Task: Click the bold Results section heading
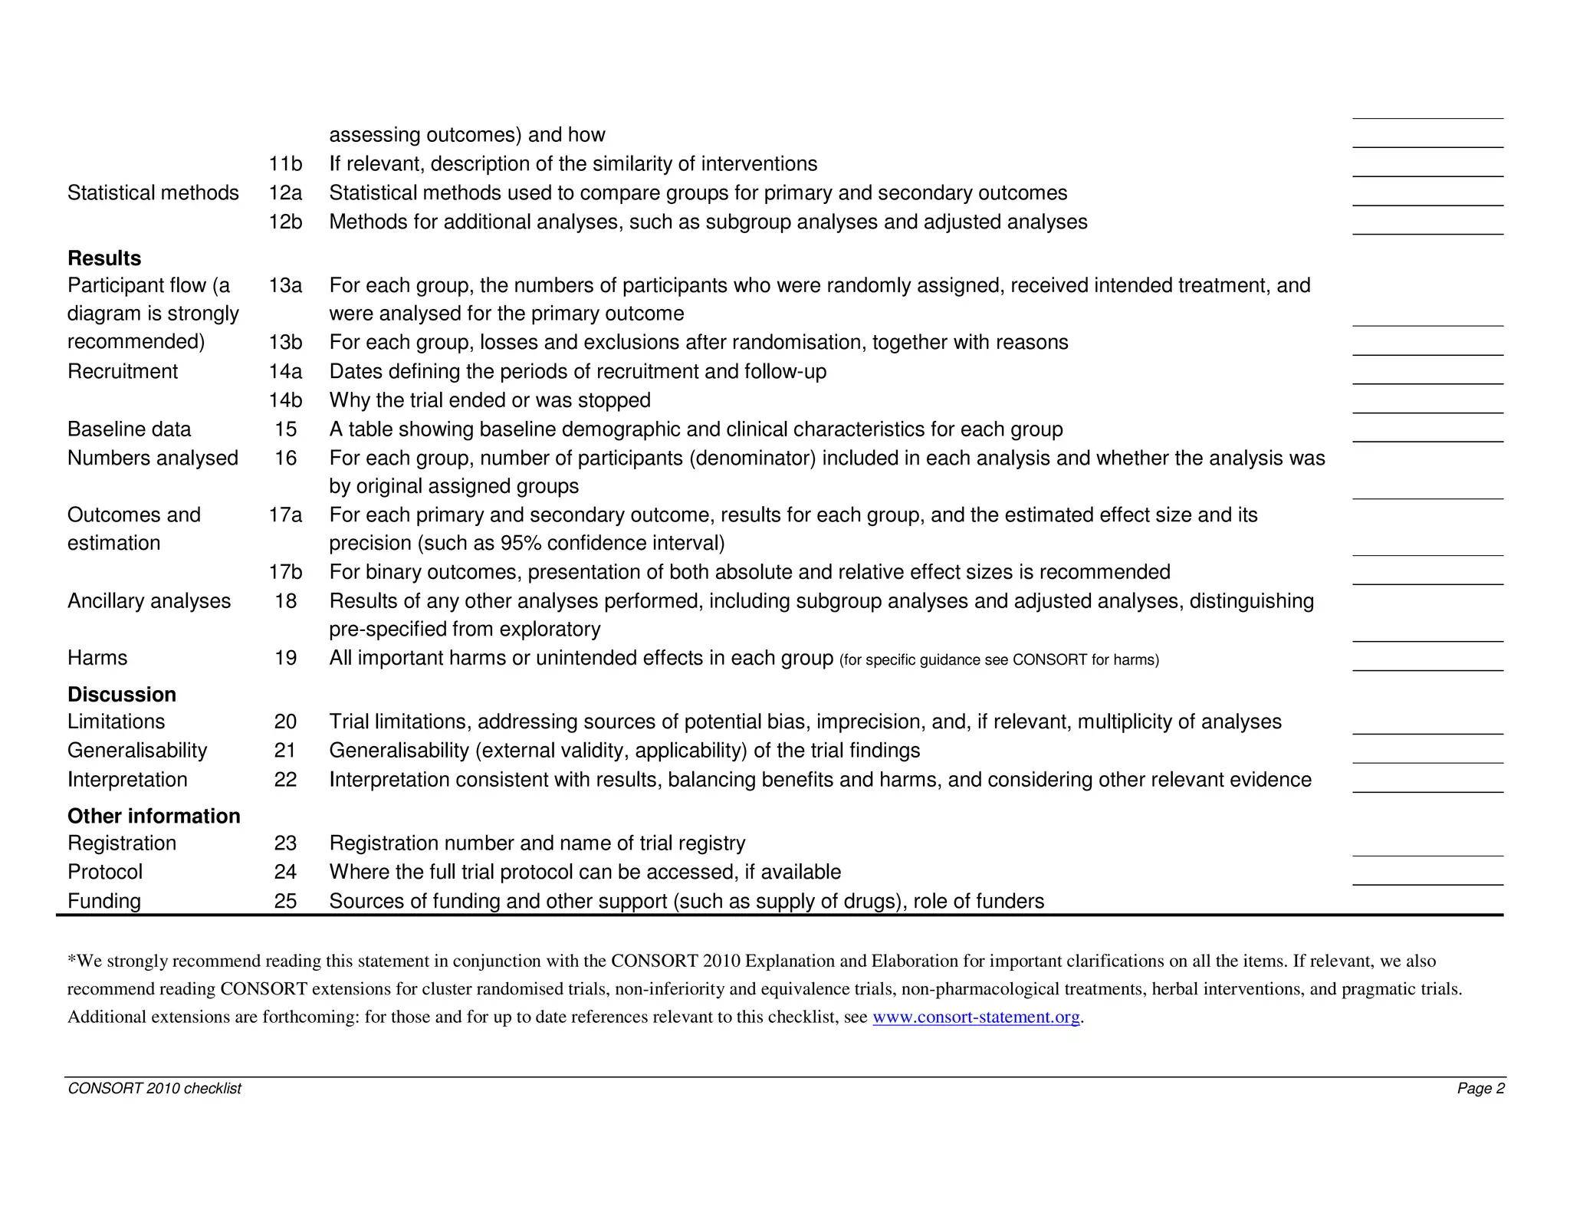[x=104, y=258]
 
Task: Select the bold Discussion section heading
[x=122, y=695]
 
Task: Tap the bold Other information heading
[x=153, y=816]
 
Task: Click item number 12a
[x=285, y=193]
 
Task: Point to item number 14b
[x=285, y=400]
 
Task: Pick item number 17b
[x=285, y=572]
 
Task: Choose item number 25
[x=285, y=901]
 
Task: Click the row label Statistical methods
[x=153, y=193]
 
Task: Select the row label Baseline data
[x=129, y=429]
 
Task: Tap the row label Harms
[x=97, y=658]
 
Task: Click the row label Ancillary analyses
[x=149, y=601]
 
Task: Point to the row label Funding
[x=104, y=901]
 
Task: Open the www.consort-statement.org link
[x=976, y=1017]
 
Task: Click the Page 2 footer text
[x=1481, y=1089]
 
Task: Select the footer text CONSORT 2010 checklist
[x=154, y=1089]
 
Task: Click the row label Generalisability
[x=137, y=751]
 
